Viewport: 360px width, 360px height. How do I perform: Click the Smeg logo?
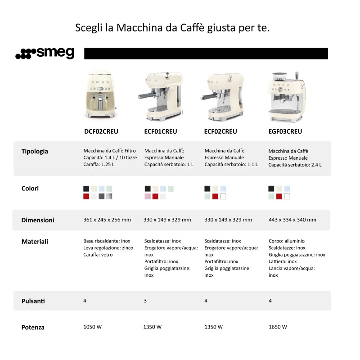[x=45, y=53]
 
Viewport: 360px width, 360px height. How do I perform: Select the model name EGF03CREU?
[x=285, y=131]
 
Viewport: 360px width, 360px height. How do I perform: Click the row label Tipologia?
[x=35, y=151]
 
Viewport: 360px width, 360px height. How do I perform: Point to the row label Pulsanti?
[x=33, y=301]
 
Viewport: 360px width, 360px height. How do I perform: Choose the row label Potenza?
[x=33, y=327]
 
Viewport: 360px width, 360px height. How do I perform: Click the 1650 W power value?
[x=278, y=327]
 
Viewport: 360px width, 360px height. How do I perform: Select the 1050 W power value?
[x=93, y=327]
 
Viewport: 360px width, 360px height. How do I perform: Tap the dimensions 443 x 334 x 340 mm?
[x=292, y=220]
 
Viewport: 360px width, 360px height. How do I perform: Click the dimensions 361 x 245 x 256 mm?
[x=107, y=220]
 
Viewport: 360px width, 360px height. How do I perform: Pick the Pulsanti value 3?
[x=145, y=301]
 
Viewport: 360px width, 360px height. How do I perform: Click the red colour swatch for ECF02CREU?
[x=215, y=196]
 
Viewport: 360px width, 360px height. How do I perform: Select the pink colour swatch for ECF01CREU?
[x=148, y=196]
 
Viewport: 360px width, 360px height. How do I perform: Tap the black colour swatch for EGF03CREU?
[x=271, y=189]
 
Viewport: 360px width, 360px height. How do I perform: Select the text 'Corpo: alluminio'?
[x=286, y=241]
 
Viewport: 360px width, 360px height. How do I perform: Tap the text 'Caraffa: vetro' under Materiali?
[x=98, y=255]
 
